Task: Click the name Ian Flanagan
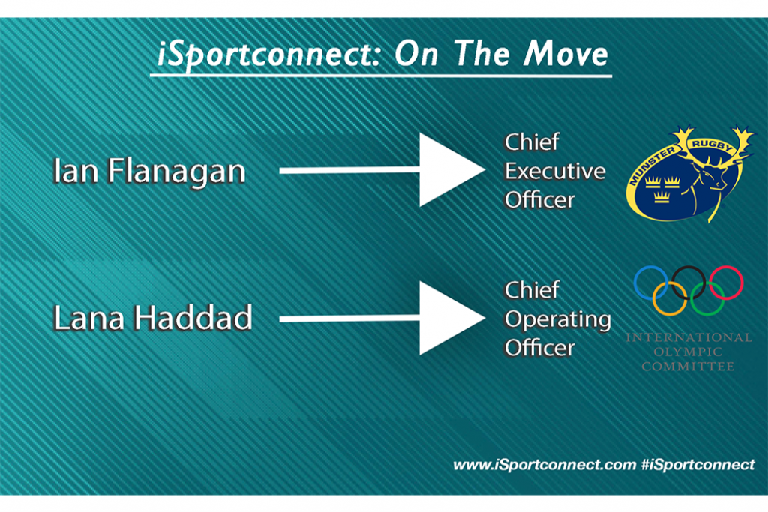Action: tap(149, 172)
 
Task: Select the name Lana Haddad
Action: tap(153, 318)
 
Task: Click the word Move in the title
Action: tap(565, 53)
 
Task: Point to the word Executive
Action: tap(555, 172)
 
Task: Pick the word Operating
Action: tap(558, 320)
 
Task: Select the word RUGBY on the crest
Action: tap(712, 145)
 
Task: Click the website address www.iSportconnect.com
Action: tap(544, 465)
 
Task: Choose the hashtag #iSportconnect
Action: tap(698, 465)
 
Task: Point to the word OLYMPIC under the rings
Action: tap(688, 352)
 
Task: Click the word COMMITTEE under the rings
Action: tap(688, 366)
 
